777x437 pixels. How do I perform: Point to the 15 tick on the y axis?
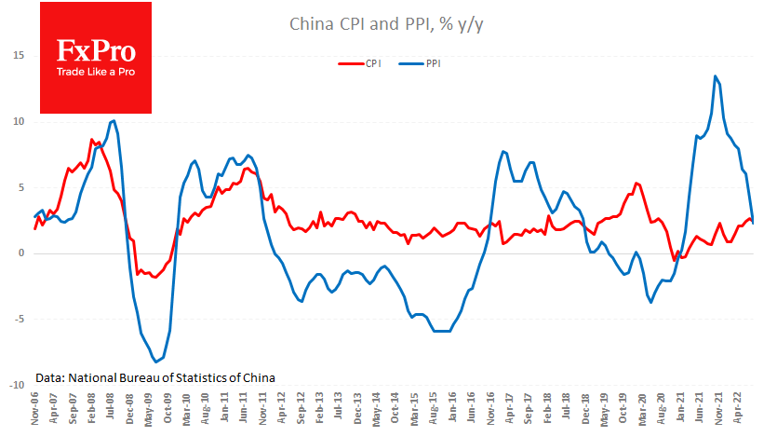(18, 55)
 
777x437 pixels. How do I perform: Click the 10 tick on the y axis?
(18, 121)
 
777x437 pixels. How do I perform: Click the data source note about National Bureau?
(156, 377)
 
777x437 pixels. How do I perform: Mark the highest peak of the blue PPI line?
(715, 76)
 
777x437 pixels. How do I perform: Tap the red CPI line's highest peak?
(91, 140)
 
